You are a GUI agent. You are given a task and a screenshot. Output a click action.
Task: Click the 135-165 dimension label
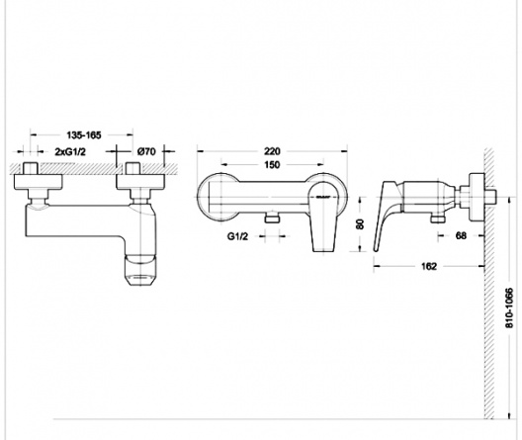84,135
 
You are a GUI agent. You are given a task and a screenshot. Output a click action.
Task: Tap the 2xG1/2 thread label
70,151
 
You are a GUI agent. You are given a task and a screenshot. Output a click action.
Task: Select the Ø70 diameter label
146,151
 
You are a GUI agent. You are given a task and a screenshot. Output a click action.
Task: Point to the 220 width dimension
272,151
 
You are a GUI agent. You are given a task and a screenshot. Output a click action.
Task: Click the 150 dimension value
272,164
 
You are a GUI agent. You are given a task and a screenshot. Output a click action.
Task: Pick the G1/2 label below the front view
237,236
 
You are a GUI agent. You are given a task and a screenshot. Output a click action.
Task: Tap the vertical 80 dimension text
360,224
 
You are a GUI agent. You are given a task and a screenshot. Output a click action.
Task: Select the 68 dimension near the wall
461,235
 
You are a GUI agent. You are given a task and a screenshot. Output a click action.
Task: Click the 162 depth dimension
429,266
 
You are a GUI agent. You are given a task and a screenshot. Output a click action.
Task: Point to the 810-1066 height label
509,308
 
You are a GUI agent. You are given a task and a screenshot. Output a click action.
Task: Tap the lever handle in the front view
322,220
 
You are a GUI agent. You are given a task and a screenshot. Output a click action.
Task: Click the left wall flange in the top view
38,182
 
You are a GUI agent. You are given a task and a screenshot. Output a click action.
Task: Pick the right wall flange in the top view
140,182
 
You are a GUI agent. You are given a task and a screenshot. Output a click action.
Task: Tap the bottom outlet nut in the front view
273,218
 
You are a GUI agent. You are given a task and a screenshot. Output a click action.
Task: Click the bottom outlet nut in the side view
438,219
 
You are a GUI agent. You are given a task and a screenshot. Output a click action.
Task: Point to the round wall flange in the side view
477,197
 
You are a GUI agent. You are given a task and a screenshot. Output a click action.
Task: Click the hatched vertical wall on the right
489,283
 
